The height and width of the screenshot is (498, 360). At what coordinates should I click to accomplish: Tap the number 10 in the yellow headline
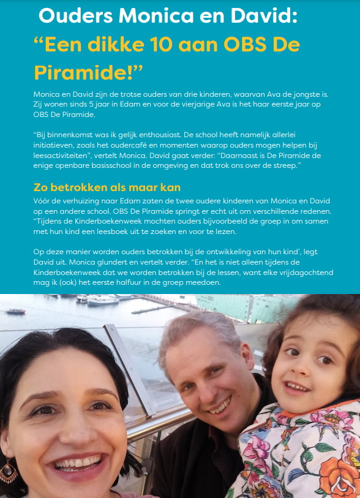pos(152,44)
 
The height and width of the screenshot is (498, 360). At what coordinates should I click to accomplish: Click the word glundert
pos(97,260)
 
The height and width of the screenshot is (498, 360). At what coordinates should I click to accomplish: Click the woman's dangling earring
pos(8,470)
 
